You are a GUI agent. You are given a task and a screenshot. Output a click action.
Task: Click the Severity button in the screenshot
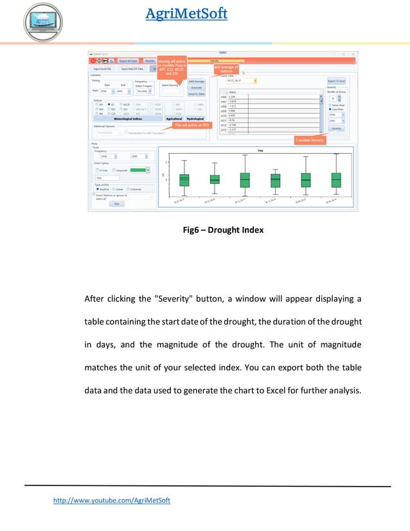click(336, 129)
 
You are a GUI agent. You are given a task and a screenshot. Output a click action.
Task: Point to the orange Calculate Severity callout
click(310, 139)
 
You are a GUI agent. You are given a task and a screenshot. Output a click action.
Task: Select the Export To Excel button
click(336, 81)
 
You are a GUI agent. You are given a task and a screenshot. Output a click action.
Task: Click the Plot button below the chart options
click(116, 203)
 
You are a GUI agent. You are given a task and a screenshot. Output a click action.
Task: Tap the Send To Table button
click(196, 94)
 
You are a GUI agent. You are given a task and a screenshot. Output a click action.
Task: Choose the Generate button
click(196, 87)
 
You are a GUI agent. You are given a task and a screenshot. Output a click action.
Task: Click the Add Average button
click(196, 81)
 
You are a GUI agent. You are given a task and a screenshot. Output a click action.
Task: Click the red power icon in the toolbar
click(93, 60)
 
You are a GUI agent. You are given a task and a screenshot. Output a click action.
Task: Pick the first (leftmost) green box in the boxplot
click(184, 179)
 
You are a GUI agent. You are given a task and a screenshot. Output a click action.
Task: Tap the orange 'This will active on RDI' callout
click(192, 125)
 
